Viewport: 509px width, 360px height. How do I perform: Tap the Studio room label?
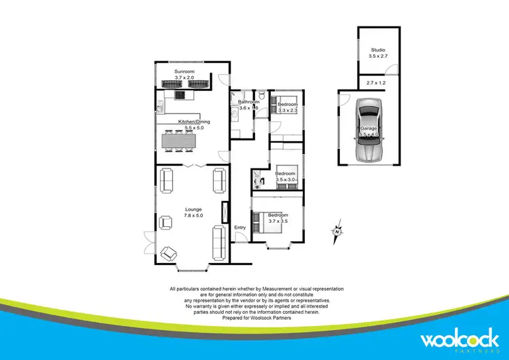(x=377, y=50)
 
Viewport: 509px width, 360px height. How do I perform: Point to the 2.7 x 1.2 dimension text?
(x=375, y=82)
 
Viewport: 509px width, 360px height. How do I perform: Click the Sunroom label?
(x=185, y=71)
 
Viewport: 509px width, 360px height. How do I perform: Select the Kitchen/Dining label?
(x=194, y=122)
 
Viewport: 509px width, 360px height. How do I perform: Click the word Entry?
(x=240, y=228)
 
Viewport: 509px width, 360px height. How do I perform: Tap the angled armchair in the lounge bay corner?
(x=168, y=254)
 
